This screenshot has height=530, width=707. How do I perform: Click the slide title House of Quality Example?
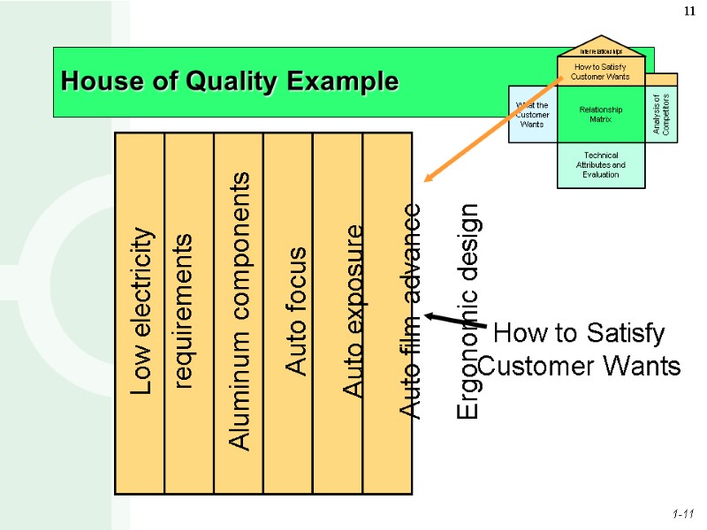click(x=230, y=82)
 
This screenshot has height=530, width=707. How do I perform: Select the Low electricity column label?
click(x=141, y=311)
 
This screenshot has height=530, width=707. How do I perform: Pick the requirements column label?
click(x=186, y=311)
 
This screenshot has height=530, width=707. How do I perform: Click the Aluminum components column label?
click(x=238, y=311)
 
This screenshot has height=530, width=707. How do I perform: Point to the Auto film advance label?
click(x=411, y=311)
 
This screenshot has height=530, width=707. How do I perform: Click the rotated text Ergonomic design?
click(x=468, y=311)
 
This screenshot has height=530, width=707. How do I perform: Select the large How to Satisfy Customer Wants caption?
click(x=580, y=350)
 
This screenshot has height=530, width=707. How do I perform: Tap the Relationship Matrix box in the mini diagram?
click(x=601, y=114)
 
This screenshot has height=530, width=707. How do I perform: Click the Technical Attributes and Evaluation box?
click(x=601, y=164)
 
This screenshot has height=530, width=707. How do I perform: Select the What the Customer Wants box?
click(x=532, y=114)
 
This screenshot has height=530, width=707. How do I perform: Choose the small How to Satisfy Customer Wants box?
click(x=601, y=71)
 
